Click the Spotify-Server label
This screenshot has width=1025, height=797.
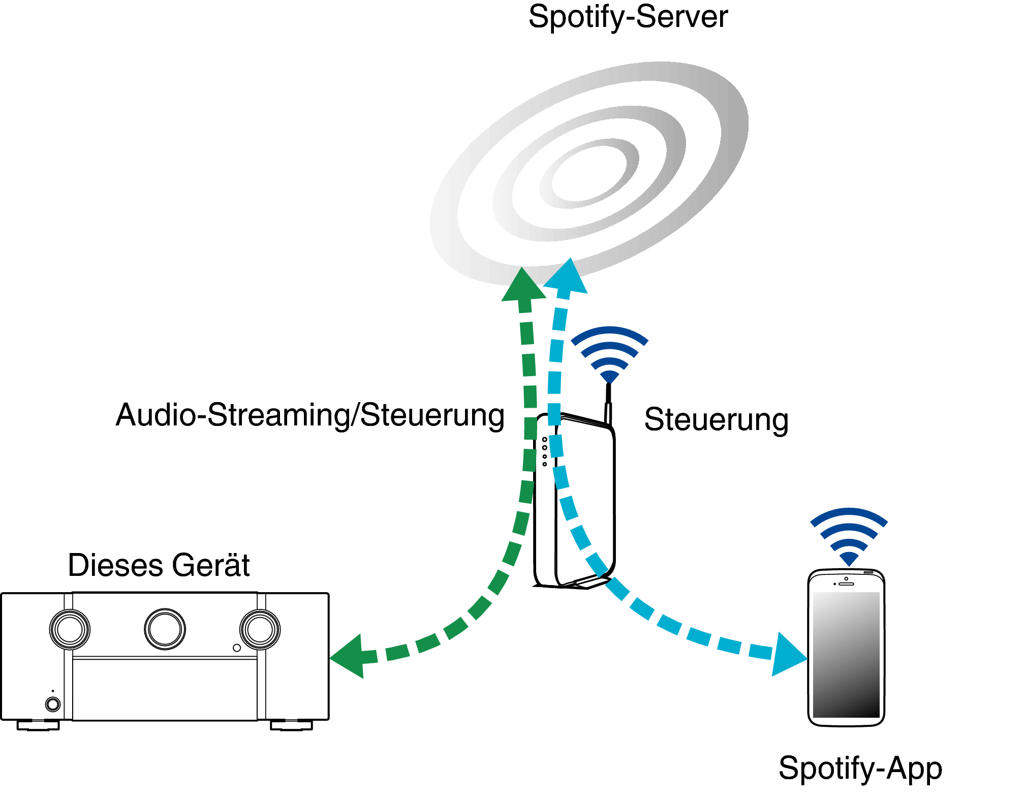click(628, 17)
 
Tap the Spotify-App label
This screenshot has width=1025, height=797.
click(860, 769)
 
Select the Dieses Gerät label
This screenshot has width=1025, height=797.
click(159, 565)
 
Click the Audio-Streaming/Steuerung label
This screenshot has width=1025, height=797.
click(310, 416)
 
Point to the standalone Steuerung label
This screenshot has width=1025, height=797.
click(717, 420)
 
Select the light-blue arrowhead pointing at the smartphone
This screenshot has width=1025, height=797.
click(788, 655)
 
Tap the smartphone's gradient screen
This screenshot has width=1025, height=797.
click(846, 655)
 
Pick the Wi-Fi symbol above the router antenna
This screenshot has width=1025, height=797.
click(609, 354)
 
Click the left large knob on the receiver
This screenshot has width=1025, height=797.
click(70, 629)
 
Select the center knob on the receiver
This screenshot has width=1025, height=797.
click(165, 629)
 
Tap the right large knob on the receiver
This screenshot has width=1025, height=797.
click(260, 629)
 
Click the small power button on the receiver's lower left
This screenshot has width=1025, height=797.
click(53, 704)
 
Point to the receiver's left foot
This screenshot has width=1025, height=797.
click(38, 725)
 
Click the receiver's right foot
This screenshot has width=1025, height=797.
click(291, 725)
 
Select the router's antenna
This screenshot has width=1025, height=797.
click(608, 404)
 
